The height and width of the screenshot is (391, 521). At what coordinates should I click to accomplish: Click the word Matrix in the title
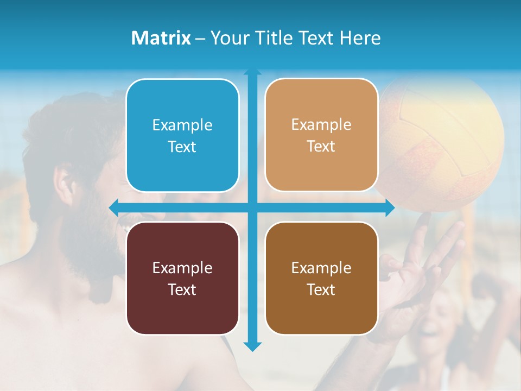(161, 38)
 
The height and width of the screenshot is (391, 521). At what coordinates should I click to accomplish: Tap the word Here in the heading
(360, 38)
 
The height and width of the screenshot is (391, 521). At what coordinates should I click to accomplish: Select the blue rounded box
(182, 136)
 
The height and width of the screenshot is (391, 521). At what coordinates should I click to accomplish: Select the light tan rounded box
(321, 135)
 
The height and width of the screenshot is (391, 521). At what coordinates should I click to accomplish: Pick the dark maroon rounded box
(182, 278)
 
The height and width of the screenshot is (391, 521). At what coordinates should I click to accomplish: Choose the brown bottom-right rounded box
(321, 278)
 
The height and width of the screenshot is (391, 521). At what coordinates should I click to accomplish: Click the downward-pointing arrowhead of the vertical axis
(252, 347)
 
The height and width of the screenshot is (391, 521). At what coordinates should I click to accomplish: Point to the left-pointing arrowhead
(113, 207)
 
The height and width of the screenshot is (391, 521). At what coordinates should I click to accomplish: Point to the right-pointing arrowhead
(390, 207)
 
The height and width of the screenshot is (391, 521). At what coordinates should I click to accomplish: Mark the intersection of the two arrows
(252, 207)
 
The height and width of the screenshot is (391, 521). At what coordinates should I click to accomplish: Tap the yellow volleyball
(442, 141)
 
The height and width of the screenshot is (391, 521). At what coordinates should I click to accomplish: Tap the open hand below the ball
(418, 272)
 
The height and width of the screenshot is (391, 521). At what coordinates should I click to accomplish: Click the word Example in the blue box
(182, 125)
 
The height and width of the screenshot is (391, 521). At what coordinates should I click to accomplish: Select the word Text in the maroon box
(182, 289)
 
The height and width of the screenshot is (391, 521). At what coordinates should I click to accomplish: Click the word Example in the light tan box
(321, 125)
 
